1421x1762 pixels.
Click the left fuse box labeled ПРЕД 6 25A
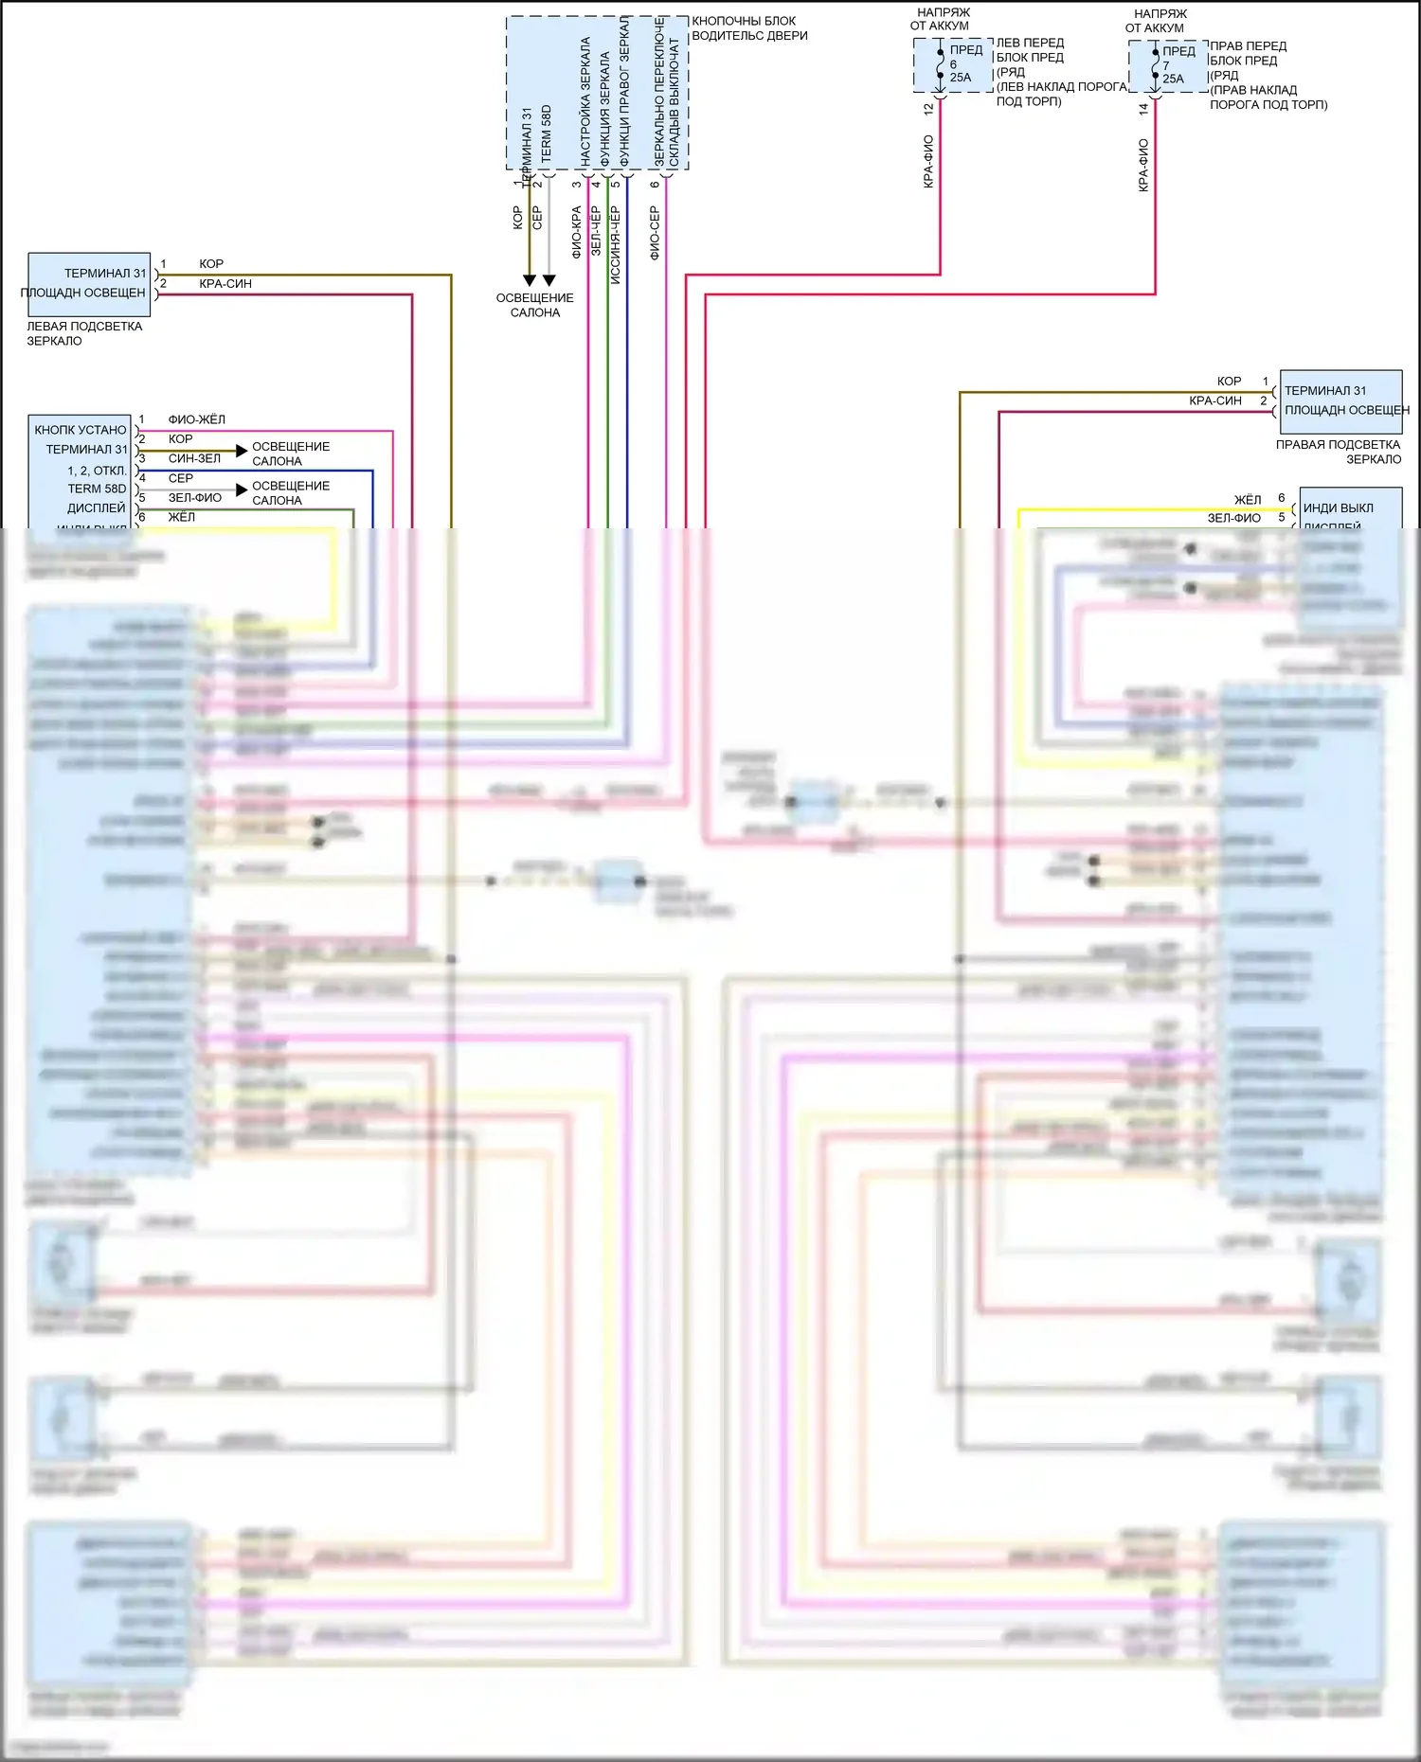click(x=952, y=65)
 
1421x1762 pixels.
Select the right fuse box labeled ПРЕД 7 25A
click(x=1167, y=66)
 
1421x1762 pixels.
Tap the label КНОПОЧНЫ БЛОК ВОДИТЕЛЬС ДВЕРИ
click(x=749, y=28)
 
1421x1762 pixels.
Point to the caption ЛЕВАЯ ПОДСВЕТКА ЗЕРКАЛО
click(x=83, y=333)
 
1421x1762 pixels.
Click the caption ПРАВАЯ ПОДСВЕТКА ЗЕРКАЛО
click(x=1338, y=452)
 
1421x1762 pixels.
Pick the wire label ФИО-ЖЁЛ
click(x=196, y=419)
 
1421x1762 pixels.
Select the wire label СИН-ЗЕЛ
click(x=194, y=458)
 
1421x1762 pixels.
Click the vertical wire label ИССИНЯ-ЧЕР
click(x=615, y=245)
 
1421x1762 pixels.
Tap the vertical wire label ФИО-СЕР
click(x=655, y=233)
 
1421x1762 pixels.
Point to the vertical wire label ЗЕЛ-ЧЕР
click(x=596, y=231)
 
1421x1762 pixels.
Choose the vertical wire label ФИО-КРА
click(x=576, y=233)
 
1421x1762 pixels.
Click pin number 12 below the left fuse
click(x=928, y=109)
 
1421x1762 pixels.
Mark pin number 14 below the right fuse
click(x=1143, y=109)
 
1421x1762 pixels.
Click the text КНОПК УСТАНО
click(x=81, y=430)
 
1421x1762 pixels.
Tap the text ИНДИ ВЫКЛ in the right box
click(x=1338, y=508)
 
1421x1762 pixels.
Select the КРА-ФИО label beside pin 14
click(x=1143, y=166)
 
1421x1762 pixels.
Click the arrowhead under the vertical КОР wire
click(x=530, y=280)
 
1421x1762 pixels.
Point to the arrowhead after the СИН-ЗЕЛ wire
click(x=242, y=451)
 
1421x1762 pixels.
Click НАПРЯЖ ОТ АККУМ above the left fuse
click(x=942, y=19)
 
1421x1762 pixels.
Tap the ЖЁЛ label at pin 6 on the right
click(x=1247, y=499)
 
